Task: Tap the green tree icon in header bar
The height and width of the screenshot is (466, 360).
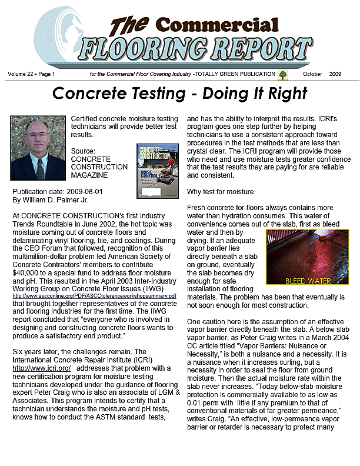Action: click(x=282, y=74)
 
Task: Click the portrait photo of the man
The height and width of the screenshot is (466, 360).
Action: click(x=38, y=148)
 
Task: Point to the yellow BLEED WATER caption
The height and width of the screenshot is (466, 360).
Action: click(x=308, y=281)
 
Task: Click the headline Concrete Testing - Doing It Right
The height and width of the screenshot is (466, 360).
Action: click(x=179, y=94)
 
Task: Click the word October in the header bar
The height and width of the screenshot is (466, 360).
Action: click(x=315, y=74)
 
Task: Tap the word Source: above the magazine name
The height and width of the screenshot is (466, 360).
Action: click(x=83, y=151)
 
